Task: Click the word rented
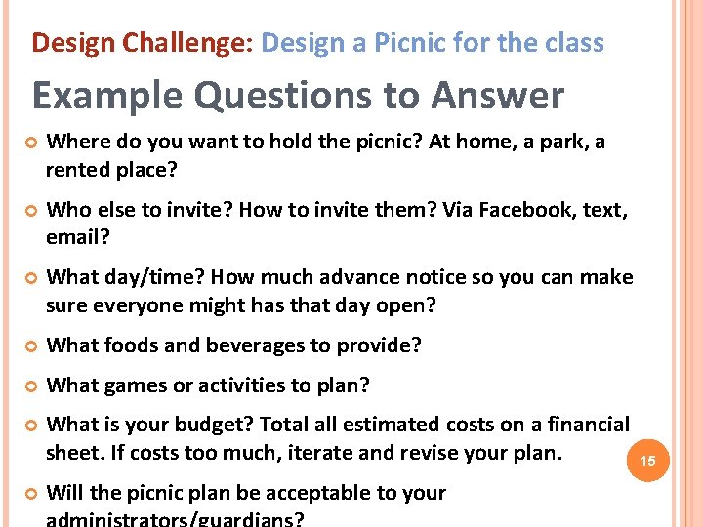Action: tap(78, 170)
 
